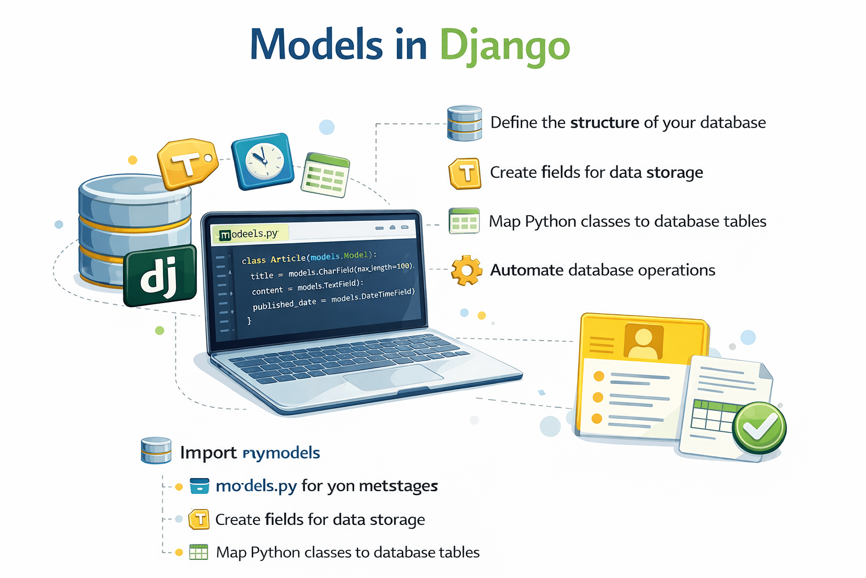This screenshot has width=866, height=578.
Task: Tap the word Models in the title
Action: [316, 45]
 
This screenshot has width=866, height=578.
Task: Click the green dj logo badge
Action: [160, 276]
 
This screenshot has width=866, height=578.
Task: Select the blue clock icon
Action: [263, 161]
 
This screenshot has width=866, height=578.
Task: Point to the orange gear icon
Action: [466, 270]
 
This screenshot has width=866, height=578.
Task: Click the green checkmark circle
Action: [759, 427]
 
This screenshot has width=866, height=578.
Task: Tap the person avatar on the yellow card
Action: [643, 341]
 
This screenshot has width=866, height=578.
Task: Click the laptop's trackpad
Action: [393, 377]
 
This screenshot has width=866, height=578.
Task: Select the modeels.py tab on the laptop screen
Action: [250, 234]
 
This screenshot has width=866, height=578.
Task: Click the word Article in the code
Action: [288, 259]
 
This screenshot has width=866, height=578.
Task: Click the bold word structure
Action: [604, 122]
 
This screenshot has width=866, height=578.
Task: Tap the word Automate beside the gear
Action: [527, 270]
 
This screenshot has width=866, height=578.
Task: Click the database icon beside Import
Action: [156, 450]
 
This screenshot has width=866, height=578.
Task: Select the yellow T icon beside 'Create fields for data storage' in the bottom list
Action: [199, 519]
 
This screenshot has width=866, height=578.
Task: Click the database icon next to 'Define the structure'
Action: [465, 123]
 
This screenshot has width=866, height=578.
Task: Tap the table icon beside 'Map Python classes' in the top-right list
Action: [464, 221]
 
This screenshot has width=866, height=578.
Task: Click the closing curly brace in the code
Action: [249, 321]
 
